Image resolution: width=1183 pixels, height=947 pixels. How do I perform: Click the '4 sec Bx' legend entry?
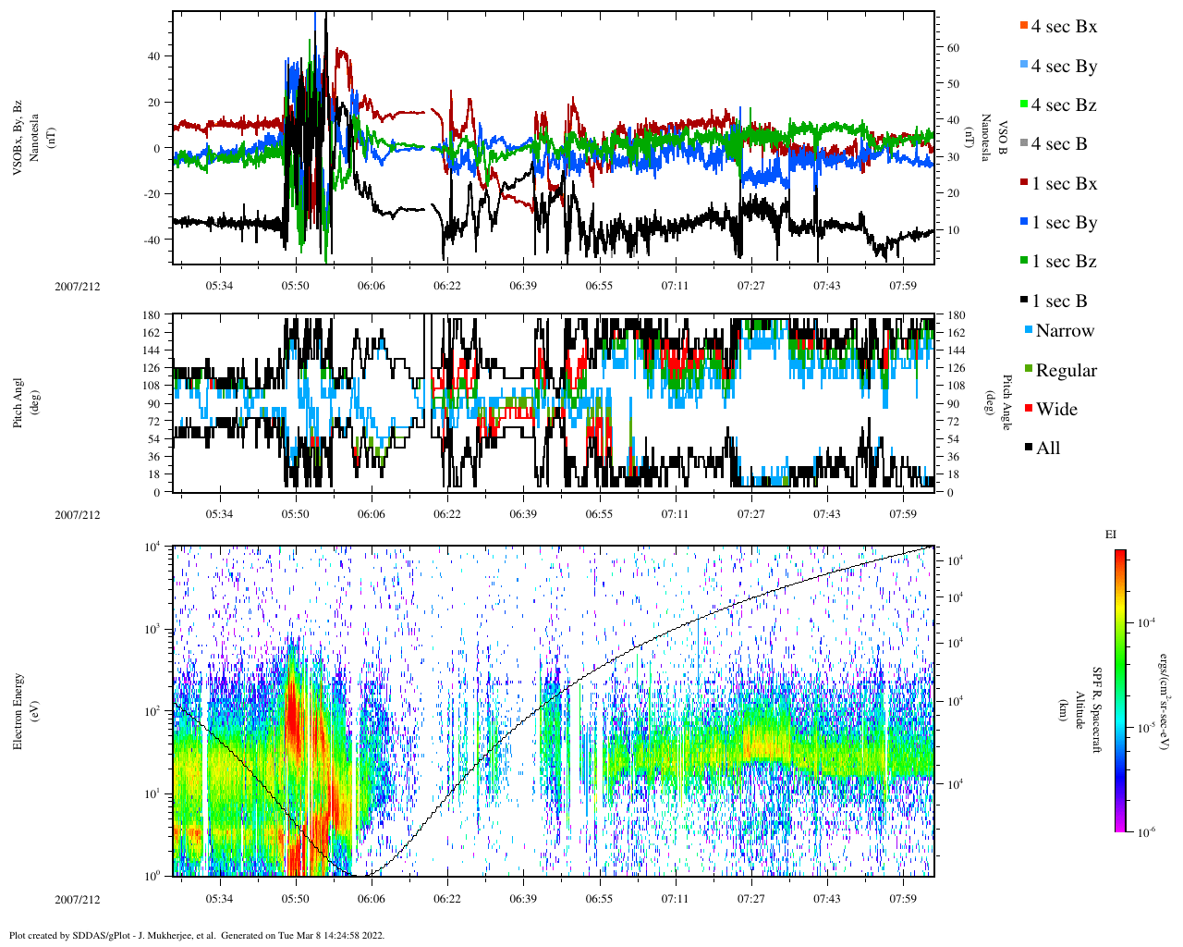click(x=1064, y=27)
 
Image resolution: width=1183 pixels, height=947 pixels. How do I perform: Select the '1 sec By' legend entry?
click(x=1064, y=223)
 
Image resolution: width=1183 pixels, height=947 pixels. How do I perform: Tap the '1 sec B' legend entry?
click(x=1059, y=301)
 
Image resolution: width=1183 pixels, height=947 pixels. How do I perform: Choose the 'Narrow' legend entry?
click(x=1065, y=331)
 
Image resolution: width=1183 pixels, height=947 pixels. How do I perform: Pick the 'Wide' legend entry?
click(x=1056, y=410)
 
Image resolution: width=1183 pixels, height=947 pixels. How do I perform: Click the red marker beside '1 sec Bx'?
click(x=1022, y=184)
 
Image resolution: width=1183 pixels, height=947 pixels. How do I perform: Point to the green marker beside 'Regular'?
click(x=1029, y=370)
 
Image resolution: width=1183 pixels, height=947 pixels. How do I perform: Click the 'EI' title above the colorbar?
click(x=1111, y=535)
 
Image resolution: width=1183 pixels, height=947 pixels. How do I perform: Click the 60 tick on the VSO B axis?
click(x=952, y=48)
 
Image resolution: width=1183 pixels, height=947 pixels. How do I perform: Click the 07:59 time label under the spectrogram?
click(x=903, y=900)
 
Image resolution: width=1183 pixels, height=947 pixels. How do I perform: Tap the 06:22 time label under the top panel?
click(x=446, y=286)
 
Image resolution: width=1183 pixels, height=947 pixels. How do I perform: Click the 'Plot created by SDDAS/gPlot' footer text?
click(x=196, y=935)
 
